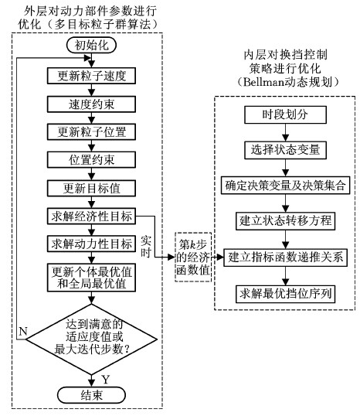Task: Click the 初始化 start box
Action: coord(91,46)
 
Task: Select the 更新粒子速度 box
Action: coord(91,76)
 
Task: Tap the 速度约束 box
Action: coord(91,104)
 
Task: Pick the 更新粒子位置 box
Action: coord(91,132)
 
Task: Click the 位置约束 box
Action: coord(91,160)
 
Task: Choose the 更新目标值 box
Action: coord(91,189)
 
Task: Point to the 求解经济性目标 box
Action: coord(91,217)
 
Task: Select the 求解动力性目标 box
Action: coord(91,244)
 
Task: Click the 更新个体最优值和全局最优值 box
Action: coord(91,278)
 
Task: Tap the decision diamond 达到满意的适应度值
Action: coord(91,339)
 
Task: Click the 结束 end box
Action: coord(91,395)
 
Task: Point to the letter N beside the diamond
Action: coord(23,332)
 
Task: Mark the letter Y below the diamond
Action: coord(106,380)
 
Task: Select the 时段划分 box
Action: coord(285,115)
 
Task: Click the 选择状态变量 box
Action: coord(285,150)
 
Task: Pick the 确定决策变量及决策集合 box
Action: coord(285,185)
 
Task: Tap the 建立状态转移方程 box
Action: coord(285,220)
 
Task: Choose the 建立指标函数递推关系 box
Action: coord(285,257)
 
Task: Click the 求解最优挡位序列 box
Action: coord(285,294)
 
